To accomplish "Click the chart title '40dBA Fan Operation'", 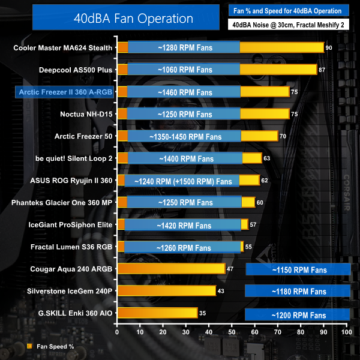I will coord(124,18).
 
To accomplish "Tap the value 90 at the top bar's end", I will coord(328,47).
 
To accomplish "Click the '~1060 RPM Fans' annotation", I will coord(184,70).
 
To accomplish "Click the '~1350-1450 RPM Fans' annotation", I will coord(184,136).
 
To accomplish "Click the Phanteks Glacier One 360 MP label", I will coord(62,203).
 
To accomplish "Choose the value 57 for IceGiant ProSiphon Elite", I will coord(253,225).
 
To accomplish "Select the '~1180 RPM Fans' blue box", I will coord(298,292).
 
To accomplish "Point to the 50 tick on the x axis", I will coord(232,331).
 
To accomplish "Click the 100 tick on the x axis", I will coord(346,331).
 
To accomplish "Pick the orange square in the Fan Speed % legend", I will coord(29,346).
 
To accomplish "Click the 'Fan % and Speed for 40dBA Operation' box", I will coord(289,10).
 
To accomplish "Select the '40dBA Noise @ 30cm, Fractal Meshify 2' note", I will coord(289,25).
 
